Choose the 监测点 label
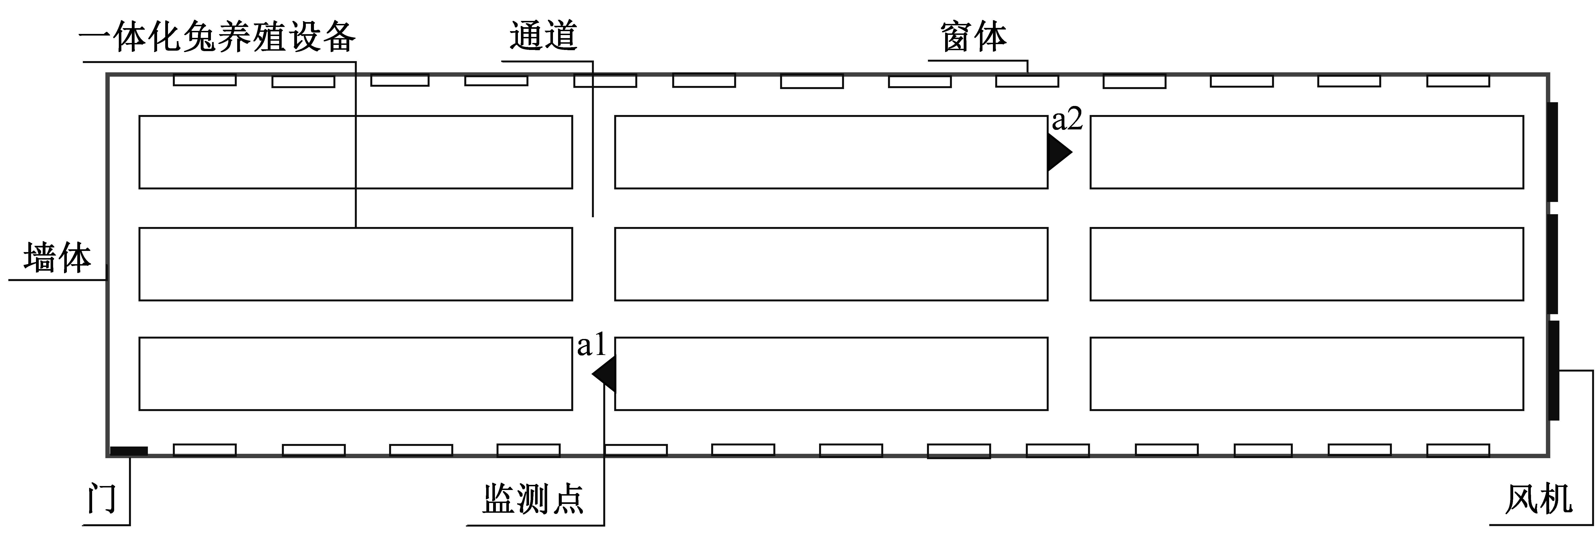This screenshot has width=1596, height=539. click(x=533, y=499)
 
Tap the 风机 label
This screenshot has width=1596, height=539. click(x=1539, y=499)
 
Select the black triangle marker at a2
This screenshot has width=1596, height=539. click(x=1059, y=152)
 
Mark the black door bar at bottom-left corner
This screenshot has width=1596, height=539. click(x=129, y=451)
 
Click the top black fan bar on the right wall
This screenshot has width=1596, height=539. click(x=1553, y=152)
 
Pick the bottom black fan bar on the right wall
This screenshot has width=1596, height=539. click(x=1553, y=370)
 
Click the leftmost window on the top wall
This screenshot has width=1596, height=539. click(x=204, y=80)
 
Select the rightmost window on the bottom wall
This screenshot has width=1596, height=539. click(x=1458, y=450)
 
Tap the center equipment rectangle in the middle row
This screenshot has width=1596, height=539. click(x=831, y=264)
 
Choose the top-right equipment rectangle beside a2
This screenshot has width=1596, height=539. click(x=1307, y=152)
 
